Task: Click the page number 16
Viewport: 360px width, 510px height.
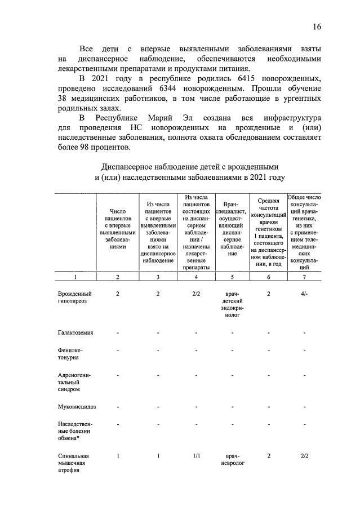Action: coord(317,27)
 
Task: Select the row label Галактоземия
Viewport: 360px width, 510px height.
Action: coord(75,332)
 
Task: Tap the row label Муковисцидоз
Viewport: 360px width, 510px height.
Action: coord(76,406)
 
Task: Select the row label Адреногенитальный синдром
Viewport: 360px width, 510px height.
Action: coord(74,382)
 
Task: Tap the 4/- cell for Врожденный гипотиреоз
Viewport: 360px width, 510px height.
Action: coord(304,294)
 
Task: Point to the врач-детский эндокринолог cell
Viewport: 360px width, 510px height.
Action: coord(232,304)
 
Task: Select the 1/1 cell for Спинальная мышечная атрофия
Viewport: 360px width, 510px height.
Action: coord(196,456)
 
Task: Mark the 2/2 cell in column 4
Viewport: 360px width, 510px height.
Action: coord(196,294)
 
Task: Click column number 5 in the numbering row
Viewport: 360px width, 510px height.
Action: coord(232,277)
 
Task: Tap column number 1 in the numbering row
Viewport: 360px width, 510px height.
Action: coord(75,277)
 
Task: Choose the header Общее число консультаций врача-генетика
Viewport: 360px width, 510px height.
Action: coord(304,232)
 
